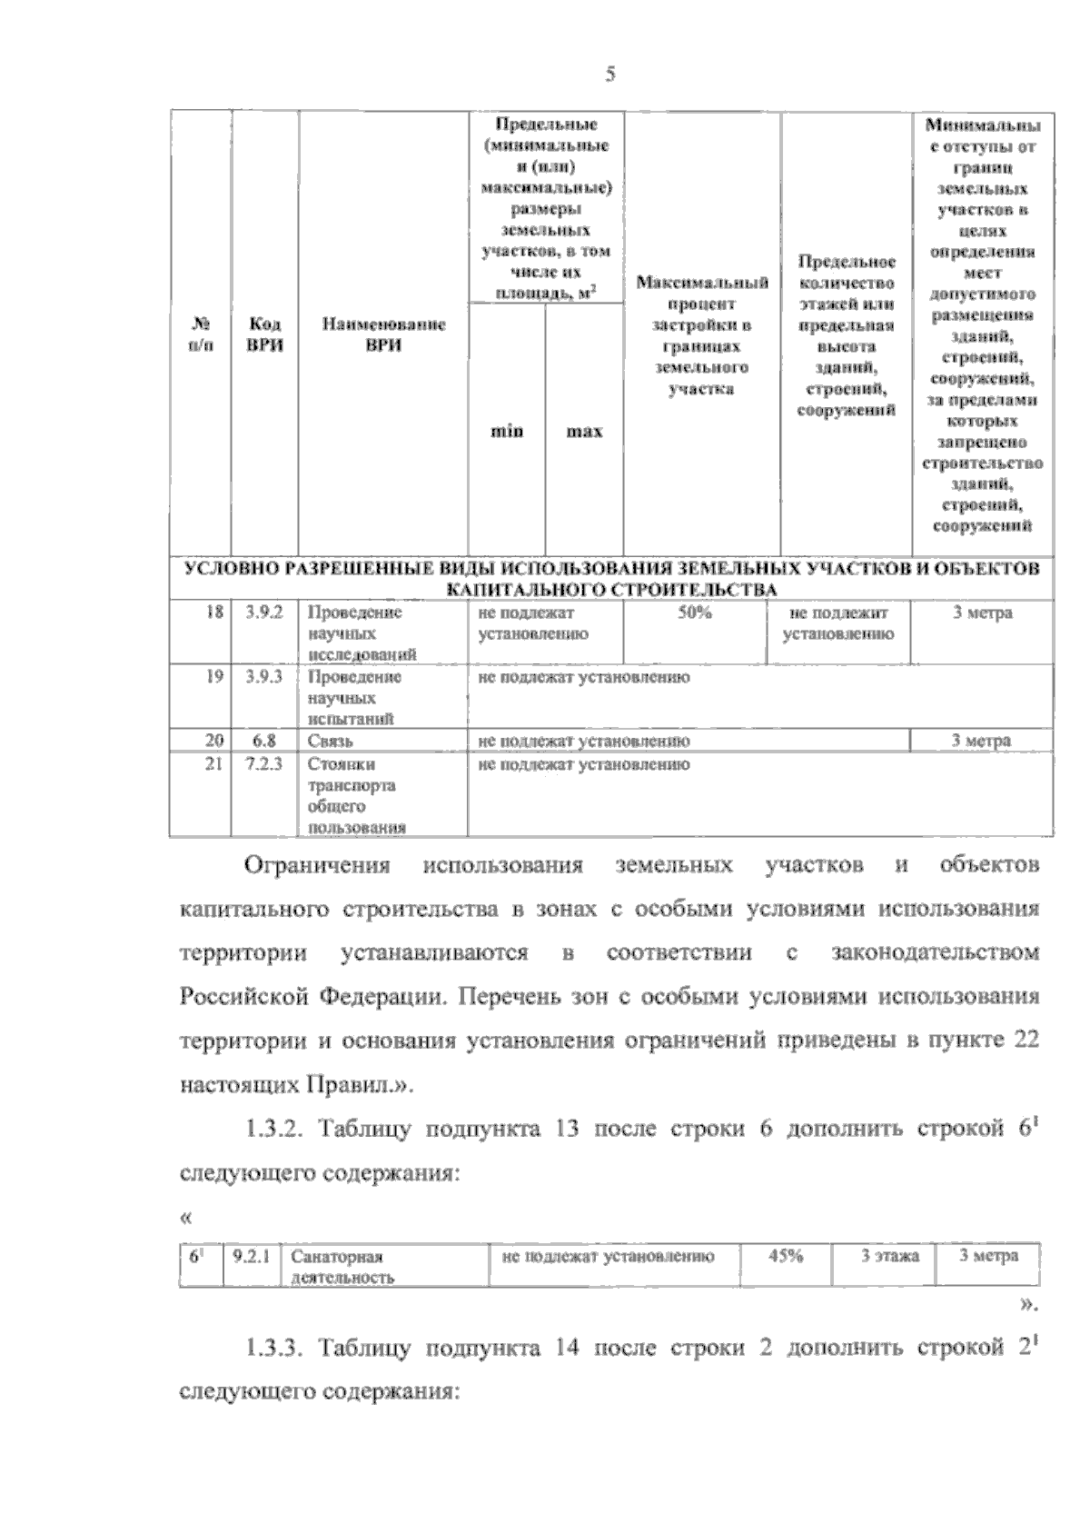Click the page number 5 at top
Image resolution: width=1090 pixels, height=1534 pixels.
610,75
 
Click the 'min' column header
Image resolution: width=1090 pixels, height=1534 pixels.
507,432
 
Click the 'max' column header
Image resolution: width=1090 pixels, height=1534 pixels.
584,432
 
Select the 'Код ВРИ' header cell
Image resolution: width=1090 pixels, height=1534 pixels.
264,334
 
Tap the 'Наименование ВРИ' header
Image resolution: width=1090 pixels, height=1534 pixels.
383,334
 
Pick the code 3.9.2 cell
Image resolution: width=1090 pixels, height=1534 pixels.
264,613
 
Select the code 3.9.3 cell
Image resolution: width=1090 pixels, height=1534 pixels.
264,678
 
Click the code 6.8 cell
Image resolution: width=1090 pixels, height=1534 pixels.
264,742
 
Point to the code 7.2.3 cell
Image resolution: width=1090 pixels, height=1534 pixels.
264,764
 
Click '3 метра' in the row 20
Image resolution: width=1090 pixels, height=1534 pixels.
981,742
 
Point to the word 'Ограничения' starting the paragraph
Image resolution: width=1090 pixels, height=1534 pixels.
317,865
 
